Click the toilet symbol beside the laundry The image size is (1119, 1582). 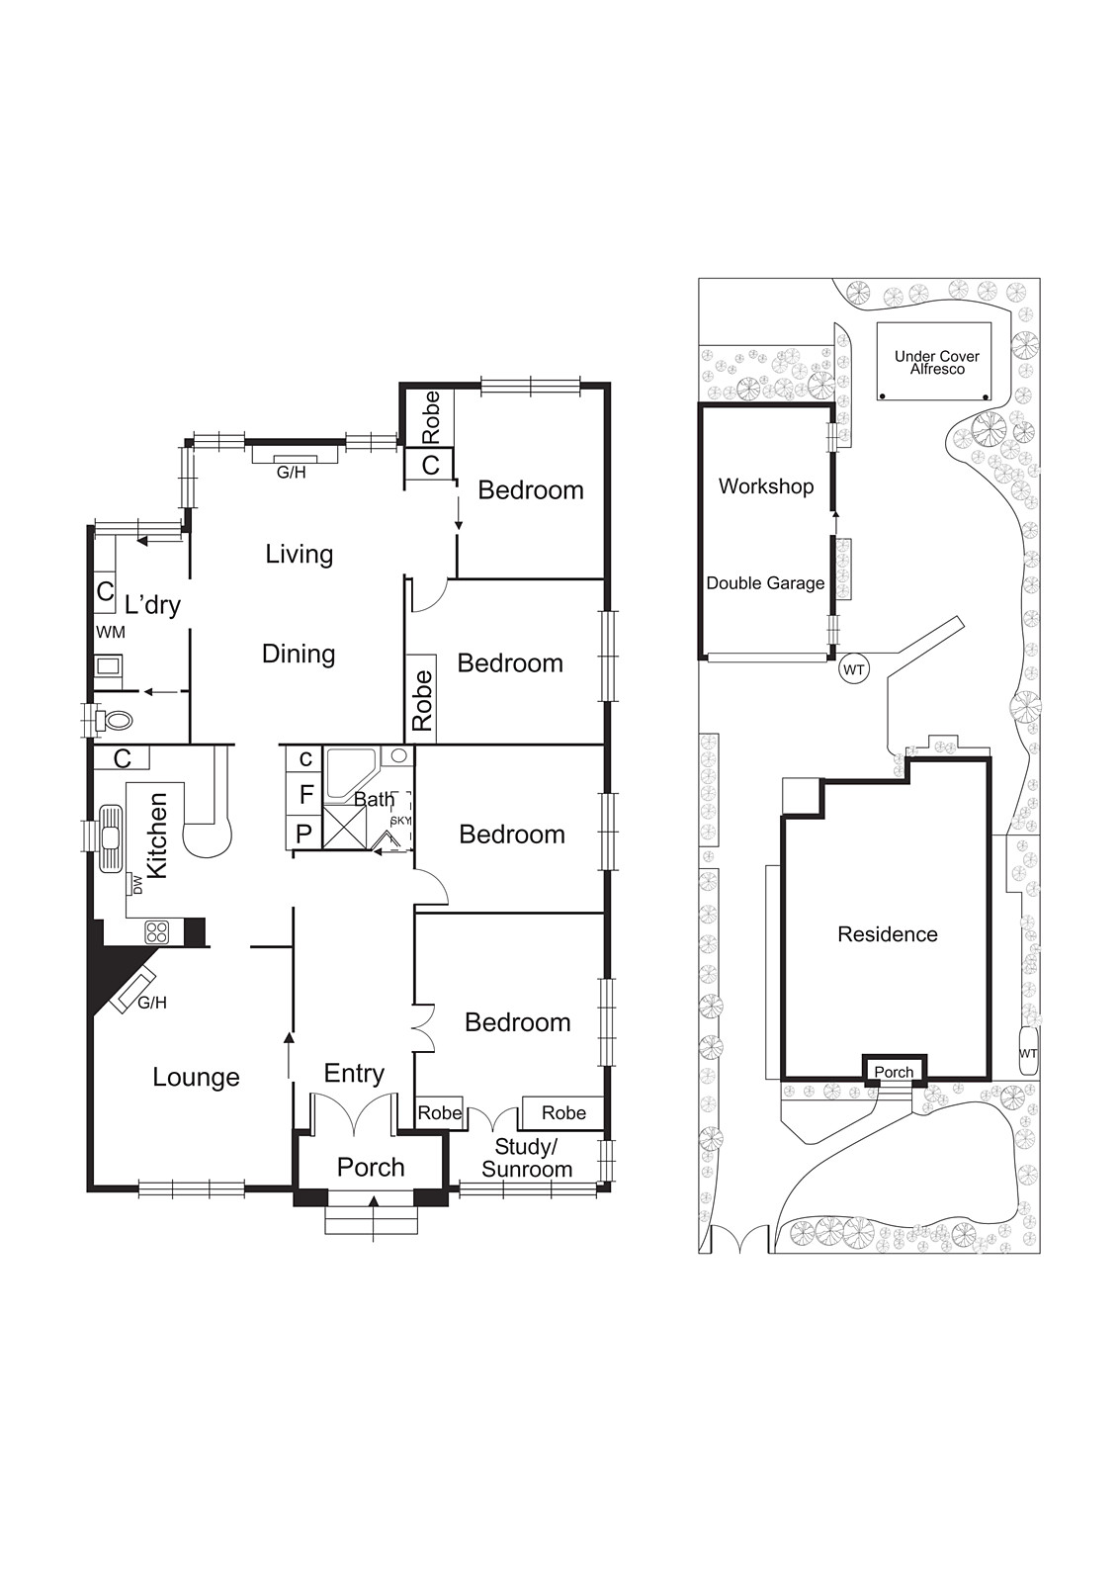coord(116,720)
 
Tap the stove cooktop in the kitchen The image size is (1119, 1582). coord(157,931)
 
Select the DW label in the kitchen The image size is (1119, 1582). coord(137,885)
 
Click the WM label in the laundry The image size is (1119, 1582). coord(110,632)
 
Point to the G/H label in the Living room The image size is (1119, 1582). coord(291,473)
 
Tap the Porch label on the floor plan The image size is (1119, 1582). coord(371,1168)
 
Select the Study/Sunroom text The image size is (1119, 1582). coord(527,1158)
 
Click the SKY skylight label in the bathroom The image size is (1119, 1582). coord(400,821)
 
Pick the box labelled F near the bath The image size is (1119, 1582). coord(305,794)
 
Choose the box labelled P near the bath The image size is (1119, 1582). coord(304,834)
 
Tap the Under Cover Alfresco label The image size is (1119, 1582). coord(936,362)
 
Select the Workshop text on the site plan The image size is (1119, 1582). coord(766,486)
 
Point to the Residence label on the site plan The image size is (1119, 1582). coord(887,934)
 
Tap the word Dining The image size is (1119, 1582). coord(299,654)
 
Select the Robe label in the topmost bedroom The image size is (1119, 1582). coord(431,417)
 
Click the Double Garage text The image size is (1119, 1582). coord(765,583)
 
